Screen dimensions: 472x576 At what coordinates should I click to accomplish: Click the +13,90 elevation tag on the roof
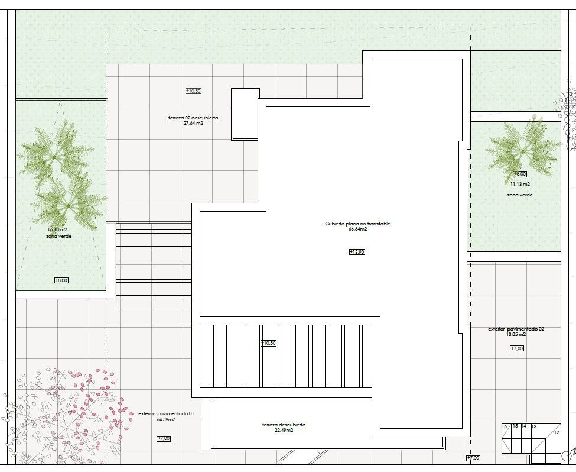coord(357,252)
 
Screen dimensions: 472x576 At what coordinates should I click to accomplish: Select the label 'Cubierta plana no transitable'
coord(357,224)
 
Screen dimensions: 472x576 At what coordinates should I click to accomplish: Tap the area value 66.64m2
coord(357,229)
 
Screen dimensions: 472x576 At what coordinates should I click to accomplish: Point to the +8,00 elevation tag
coord(61,280)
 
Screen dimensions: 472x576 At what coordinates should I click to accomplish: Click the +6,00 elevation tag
coord(520,174)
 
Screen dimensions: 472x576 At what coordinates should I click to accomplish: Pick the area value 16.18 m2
coord(57,229)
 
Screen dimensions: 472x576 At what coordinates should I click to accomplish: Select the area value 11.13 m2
coord(520,184)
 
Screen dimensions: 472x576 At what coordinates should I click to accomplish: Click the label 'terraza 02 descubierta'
coord(193,118)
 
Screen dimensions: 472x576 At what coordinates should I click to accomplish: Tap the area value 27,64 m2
coord(193,124)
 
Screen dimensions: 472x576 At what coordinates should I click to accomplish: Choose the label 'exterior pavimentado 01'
coord(166,414)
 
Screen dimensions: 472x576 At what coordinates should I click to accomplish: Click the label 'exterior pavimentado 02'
coord(516,329)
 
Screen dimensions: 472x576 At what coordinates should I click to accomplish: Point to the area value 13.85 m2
coord(516,335)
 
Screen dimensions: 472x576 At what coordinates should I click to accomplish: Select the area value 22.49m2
coord(284,431)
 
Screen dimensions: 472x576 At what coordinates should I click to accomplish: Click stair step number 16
coord(505,426)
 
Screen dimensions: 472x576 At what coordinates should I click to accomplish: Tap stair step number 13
coord(534,426)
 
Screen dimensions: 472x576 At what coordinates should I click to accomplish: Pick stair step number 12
coord(556,433)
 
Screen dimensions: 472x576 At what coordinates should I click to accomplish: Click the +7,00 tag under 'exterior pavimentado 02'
coord(517,348)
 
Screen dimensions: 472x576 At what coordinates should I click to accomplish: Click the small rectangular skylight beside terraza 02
coord(245,114)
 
